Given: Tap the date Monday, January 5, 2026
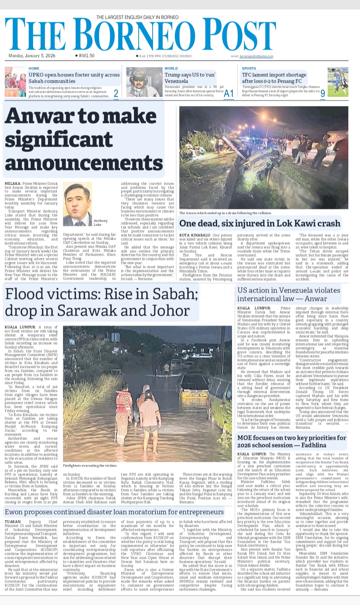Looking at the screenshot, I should pyautogui.click(x=32, y=56).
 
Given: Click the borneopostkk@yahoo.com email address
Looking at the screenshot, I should pyautogui.click(x=256, y=56).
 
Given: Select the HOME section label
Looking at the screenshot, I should pyautogui.click(x=34, y=68).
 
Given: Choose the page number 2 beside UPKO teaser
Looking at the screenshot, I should pyautogui.click(x=116, y=94).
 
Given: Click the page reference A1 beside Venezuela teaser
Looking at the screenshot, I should pyautogui.click(x=229, y=94).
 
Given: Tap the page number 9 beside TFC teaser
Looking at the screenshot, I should pyautogui.click(x=323, y=94).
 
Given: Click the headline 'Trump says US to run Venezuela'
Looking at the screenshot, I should pyautogui.click(x=190, y=78).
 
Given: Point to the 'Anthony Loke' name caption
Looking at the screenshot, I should pyautogui.click(x=100, y=223).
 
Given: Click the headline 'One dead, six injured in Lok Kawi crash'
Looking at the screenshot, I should pyautogui.click(x=260, y=223).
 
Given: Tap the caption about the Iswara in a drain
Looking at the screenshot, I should pyautogui.click(x=225, y=213).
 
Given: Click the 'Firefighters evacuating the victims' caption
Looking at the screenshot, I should pyautogui.click(x=90, y=465).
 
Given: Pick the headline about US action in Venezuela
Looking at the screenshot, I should pyautogui.click(x=289, y=294).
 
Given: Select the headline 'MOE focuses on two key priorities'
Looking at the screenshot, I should pyautogui.click(x=291, y=441).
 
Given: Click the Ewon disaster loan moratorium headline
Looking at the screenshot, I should pyautogui.click(x=114, y=512).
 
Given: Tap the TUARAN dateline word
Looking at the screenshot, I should pyautogui.click(x=13, y=522).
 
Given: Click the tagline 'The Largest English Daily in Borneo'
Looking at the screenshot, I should pyautogui.click(x=137, y=17).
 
